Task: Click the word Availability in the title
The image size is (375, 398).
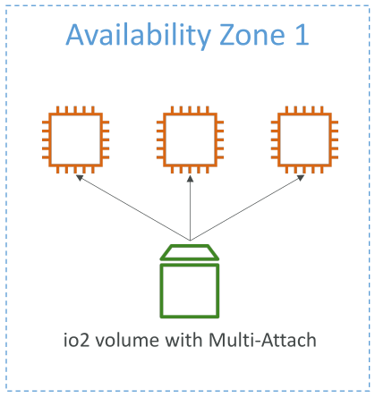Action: (x=139, y=36)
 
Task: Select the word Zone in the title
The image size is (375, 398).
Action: (x=252, y=35)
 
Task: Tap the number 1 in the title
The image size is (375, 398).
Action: (x=302, y=35)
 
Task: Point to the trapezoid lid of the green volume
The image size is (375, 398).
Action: (x=190, y=252)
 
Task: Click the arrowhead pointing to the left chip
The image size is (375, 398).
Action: (x=80, y=178)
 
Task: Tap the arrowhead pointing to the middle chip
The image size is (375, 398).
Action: (x=190, y=179)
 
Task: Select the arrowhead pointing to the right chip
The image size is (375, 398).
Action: (x=301, y=178)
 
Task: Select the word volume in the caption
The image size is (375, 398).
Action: (x=127, y=340)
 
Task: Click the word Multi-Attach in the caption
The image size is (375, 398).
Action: (x=262, y=340)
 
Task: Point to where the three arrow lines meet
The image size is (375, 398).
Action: (x=190, y=240)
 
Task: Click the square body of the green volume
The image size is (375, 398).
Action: (x=160, y=291)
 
